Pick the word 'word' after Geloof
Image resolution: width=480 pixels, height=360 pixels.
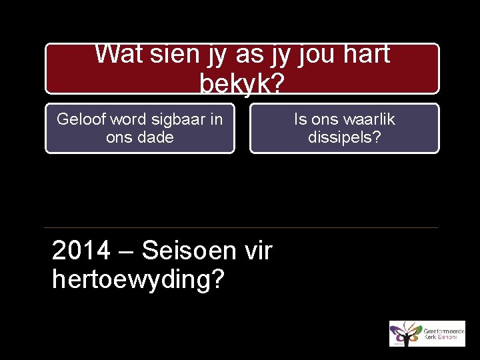click(125, 120)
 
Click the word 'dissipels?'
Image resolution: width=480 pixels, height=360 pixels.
click(345, 137)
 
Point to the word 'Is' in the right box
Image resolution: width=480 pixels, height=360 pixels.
click(301, 120)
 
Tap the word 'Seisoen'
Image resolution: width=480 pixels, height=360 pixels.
click(188, 251)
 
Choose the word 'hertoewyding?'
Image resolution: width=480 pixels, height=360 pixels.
click(137, 280)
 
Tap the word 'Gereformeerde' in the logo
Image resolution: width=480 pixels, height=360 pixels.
click(440, 329)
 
